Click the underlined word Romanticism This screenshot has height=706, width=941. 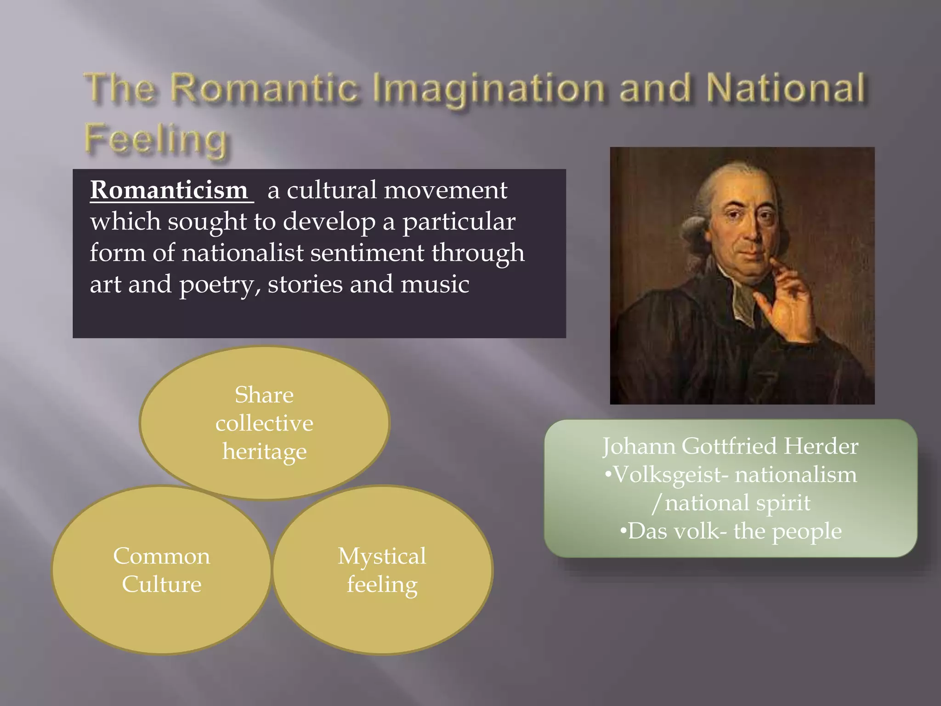(169, 190)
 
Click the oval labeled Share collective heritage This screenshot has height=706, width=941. (264, 422)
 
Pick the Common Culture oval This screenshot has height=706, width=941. (161, 570)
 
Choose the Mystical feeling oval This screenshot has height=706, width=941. (382, 570)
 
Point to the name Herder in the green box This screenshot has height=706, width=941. (821, 446)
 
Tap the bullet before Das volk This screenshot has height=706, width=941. (623, 531)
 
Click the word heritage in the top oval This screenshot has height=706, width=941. (264, 451)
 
